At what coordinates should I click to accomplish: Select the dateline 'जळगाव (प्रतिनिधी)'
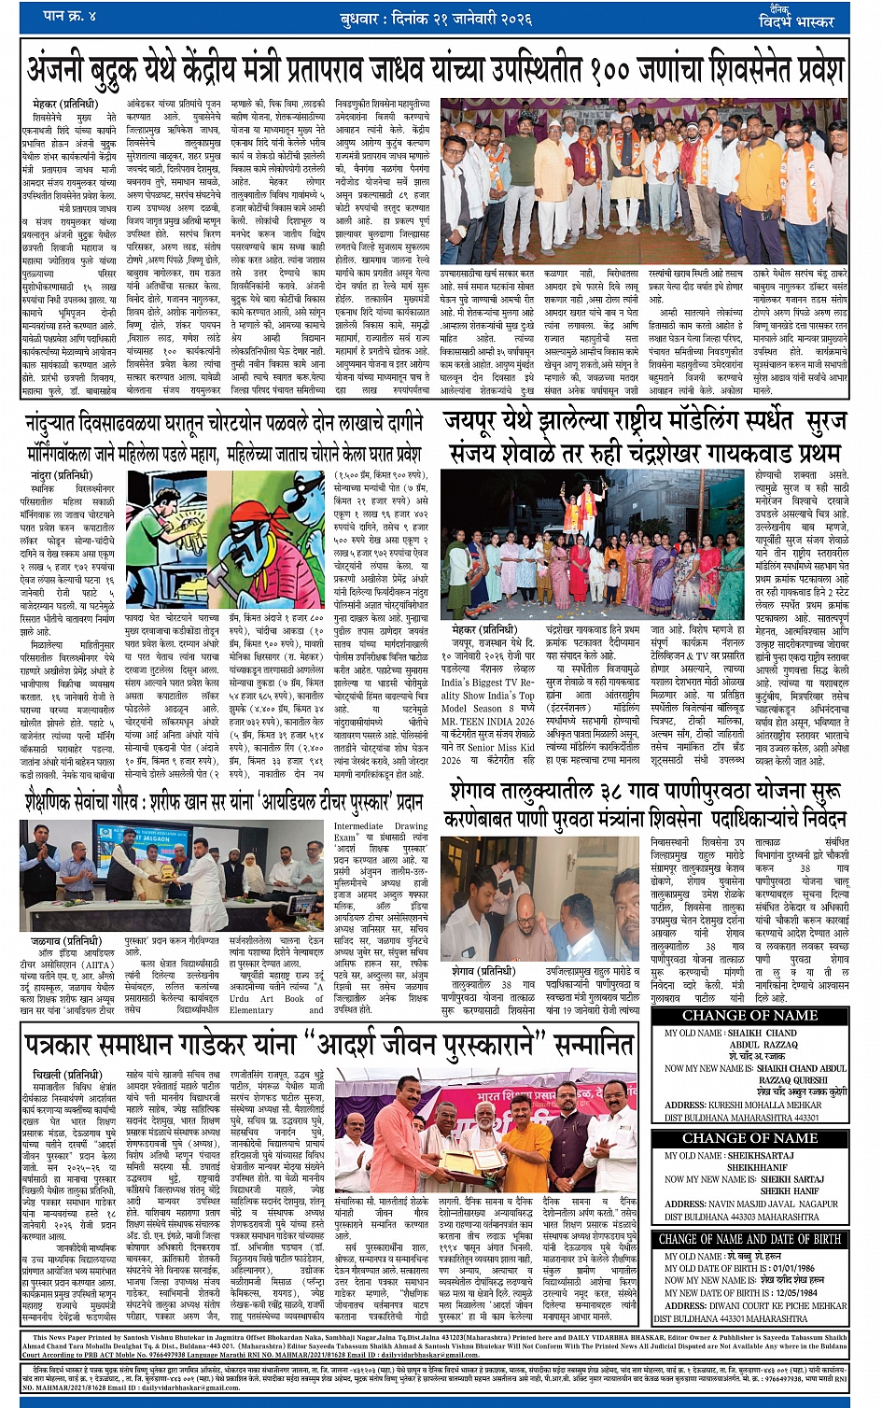(65, 941)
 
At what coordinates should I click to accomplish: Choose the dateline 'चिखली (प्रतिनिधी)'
(72, 1075)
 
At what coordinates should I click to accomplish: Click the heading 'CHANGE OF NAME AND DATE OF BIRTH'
(749, 1239)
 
